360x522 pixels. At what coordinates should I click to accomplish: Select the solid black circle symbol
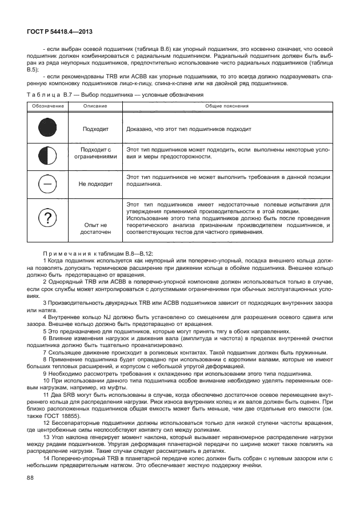click(x=47, y=129)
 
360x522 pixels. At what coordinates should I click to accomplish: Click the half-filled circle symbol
click(x=47, y=156)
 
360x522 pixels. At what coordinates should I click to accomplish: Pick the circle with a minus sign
click(x=47, y=184)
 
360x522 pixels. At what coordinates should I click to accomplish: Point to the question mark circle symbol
click(x=47, y=218)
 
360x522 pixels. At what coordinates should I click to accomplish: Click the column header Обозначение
click(x=47, y=106)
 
